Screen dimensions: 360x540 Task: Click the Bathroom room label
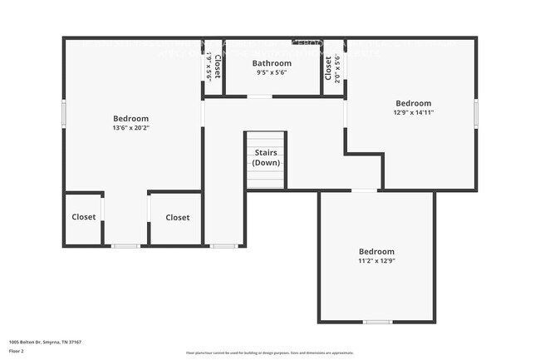point(272,63)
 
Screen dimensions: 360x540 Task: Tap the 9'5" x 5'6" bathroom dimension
point(272,73)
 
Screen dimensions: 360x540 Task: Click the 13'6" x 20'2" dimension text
point(131,128)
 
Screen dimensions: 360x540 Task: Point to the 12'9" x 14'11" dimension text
point(413,112)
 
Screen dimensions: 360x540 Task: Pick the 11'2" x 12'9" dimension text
point(376,261)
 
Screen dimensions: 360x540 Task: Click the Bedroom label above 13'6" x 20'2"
point(131,118)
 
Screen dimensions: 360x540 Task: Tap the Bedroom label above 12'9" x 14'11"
point(413,103)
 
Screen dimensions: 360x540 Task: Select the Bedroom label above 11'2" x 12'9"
point(376,251)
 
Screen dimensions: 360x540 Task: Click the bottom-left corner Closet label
point(83,217)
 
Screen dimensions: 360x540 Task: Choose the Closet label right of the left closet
point(177,217)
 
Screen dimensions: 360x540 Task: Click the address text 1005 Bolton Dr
point(45,342)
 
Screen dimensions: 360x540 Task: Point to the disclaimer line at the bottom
point(270,353)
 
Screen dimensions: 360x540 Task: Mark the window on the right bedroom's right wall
point(476,113)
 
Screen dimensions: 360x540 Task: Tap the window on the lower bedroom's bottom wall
point(377,322)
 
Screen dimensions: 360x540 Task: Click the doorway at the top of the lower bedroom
point(364,190)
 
